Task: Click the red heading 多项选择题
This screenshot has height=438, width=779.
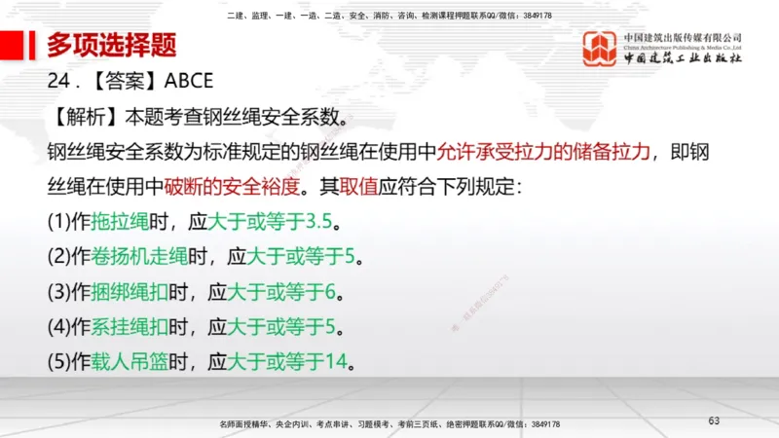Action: coord(112,45)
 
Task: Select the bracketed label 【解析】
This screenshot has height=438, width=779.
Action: coord(81,117)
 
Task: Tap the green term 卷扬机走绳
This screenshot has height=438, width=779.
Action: coord(137,257)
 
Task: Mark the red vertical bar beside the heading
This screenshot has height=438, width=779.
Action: coord(37,45)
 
